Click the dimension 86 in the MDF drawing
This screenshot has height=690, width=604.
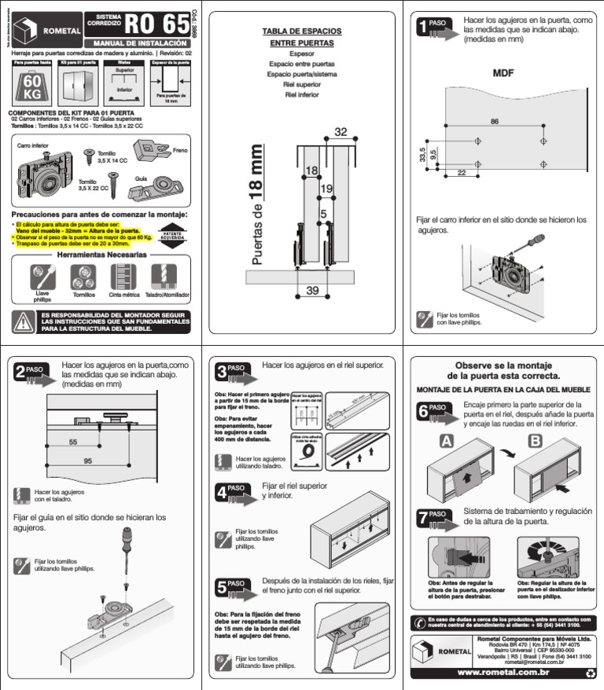(494, 121)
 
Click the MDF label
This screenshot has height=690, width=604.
(503, 73)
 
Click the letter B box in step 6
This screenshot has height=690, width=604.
(535, 442)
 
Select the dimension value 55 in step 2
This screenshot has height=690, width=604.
(73, 442)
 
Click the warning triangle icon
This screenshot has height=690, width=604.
(23, 321)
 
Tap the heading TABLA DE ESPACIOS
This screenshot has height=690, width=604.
(302, 31)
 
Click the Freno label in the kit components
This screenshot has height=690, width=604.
(180, 149)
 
